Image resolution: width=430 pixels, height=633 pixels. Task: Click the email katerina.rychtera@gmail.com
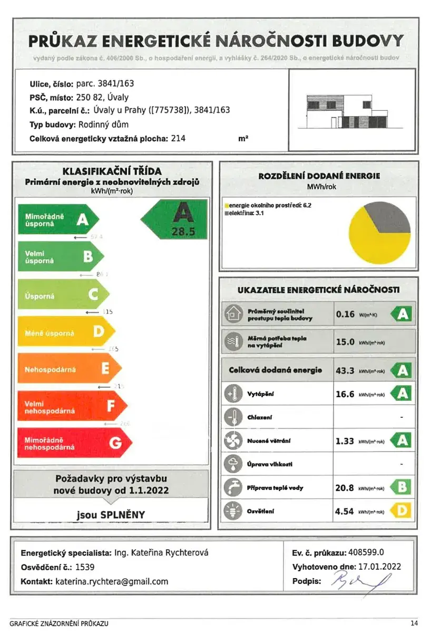(x=112, y=581)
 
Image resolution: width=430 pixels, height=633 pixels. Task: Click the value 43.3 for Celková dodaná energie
(x=345, y=370)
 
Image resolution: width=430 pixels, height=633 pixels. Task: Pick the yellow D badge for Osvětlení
(x=402, y=511)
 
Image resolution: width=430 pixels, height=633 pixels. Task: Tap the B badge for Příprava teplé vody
(x=402, y=487)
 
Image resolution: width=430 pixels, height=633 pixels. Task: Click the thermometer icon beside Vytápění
(x=232, y=394)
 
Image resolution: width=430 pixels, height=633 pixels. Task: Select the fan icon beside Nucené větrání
(x=232, y=440)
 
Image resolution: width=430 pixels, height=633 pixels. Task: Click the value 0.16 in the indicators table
(x=345, y=314)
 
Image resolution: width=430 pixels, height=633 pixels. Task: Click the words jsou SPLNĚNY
(x=111, y=514)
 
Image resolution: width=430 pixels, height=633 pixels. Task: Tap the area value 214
(x=178, y=139)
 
